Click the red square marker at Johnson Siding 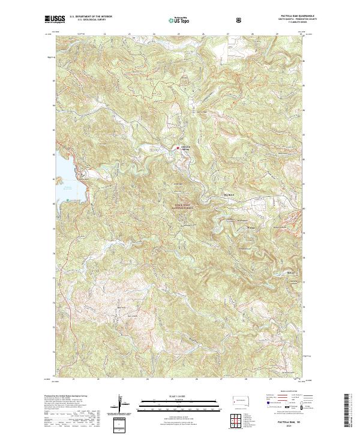point(178,147)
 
